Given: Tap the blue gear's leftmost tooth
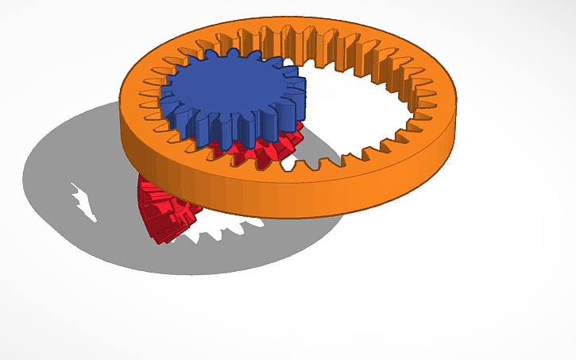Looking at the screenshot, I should pos(164,99).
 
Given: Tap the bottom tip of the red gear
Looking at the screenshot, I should pos(163,240).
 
